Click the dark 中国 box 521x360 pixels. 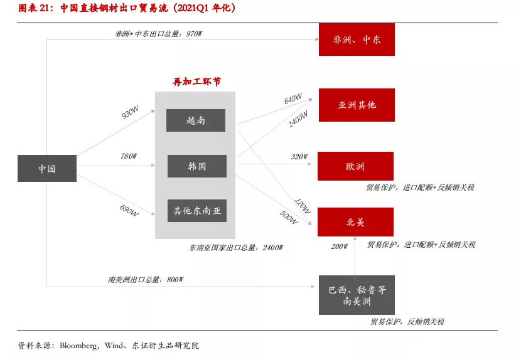47,168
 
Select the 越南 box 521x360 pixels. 196,120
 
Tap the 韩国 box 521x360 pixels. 197,166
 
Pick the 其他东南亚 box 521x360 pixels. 197,211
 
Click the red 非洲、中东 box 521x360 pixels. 357,40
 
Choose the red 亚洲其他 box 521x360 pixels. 357,105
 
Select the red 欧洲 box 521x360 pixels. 355,166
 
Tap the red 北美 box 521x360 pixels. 355,222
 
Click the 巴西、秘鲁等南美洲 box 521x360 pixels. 357,295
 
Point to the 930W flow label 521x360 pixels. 130,112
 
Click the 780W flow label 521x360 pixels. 129,156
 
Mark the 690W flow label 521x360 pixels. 129,211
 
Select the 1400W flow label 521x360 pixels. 298,119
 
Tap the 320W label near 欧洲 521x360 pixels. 299,156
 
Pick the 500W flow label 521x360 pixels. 289,217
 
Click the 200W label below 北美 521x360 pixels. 339,246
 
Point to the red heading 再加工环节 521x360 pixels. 196,82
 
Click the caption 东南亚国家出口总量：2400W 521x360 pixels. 236,248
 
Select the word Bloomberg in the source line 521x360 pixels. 78,346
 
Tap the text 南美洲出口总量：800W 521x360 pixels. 146,280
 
